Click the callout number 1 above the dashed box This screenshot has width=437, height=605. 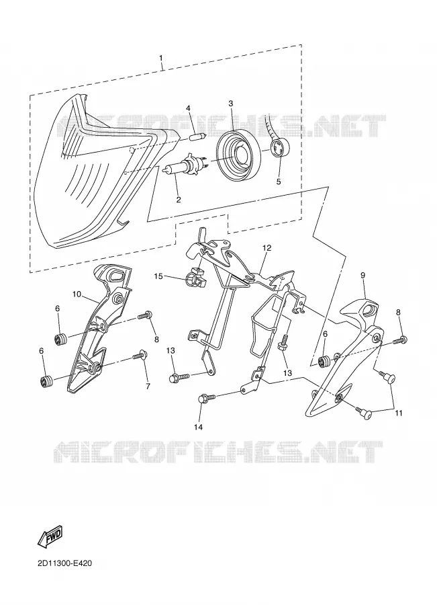click(160, 58)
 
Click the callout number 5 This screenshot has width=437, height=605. click(279, 181)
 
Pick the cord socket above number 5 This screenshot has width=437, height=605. click(279, 148)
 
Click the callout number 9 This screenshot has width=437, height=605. click(362, 275)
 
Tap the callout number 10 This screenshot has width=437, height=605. click(77, 294)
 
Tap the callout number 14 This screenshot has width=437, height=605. click(200, 427)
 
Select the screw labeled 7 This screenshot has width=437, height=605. click(139, 354)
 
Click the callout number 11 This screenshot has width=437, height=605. click(399, 413)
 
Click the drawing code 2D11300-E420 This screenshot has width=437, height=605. click(64, 564)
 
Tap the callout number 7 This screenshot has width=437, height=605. click(148, 387)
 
